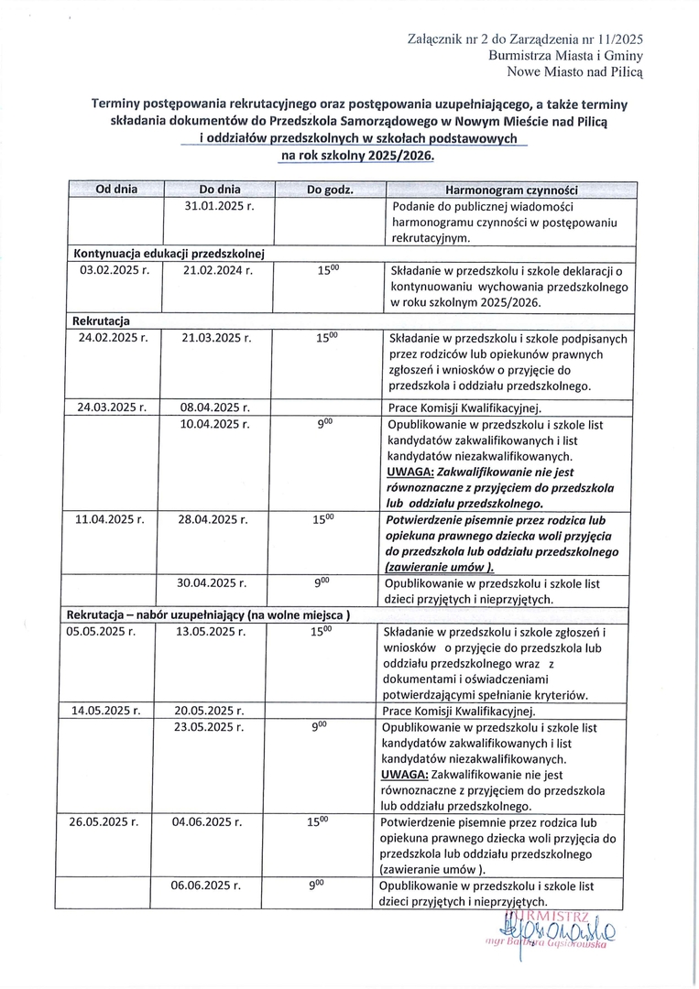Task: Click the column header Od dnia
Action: [x=116, y=190]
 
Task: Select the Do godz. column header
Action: [x=330, y=190]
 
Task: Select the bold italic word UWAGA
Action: [x=410, y=473]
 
